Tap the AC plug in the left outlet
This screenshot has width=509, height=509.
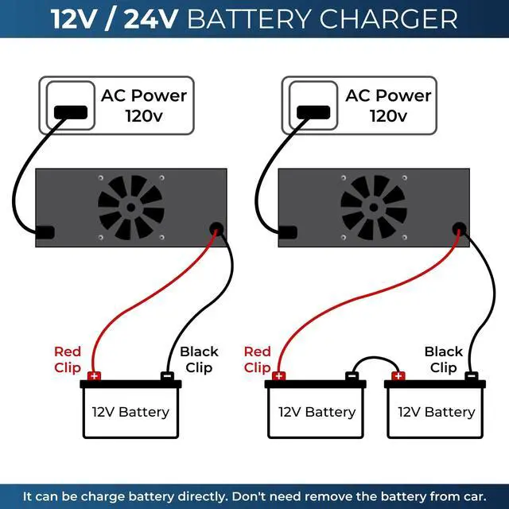tap(71, 111)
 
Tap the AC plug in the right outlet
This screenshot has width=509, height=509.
tap(314, 111)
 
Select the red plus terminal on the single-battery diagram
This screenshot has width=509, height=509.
tap(95, 376)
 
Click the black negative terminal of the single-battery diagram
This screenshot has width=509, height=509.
tap(167, 376)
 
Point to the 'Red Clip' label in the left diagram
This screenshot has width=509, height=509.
tap(68, 359)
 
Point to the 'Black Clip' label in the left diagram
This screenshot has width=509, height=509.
tap(198, 359)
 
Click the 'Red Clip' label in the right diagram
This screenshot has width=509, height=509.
tap(258, 359)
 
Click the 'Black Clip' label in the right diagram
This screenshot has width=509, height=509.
tap(443, 359)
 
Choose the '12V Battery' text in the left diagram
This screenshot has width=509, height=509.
tap(130, 412)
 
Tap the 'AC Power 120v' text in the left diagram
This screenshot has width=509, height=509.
tap(144, 106)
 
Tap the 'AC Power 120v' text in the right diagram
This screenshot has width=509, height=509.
tap(388, 106)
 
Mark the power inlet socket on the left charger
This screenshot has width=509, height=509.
tap(46, 232)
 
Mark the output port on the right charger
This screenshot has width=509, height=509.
tap(458, 229)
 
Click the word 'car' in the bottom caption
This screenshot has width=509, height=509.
tap(474, 496)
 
